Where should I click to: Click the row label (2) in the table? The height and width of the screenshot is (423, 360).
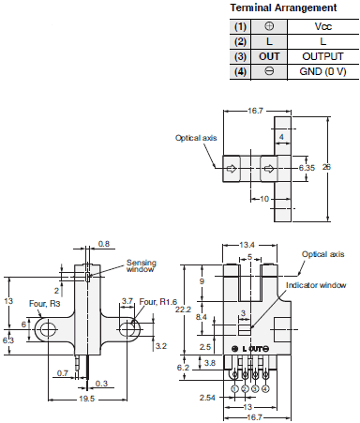click(x=240, y=42)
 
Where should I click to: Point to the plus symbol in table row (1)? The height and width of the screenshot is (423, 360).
click(x=269, y=28)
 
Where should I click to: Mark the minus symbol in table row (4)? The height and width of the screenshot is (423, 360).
click(x=269, y=71)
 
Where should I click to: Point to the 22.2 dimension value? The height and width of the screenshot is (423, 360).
click(x=183, y=309)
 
